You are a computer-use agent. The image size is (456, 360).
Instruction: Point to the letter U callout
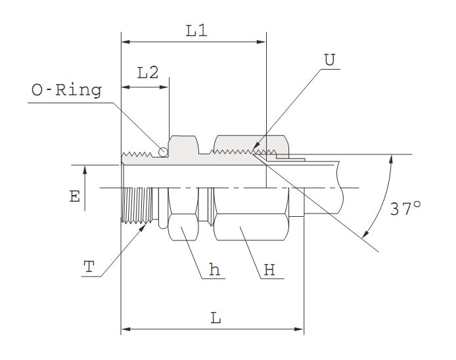(329, 60)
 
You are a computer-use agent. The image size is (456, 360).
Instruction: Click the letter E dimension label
(76, 196)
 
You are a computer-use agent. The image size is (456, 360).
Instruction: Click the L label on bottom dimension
(216, 318)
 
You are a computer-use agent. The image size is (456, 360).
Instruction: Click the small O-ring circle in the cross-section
(162, 152)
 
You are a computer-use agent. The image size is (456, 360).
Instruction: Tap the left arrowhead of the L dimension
(125, 328)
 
